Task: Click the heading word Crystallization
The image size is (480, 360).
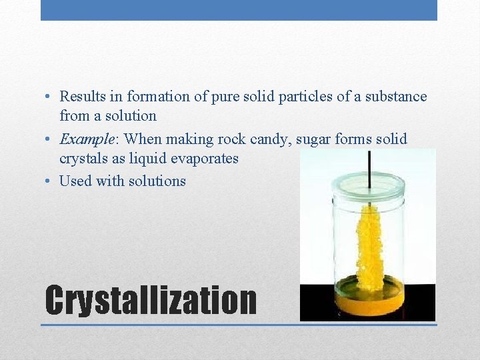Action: point(151,301)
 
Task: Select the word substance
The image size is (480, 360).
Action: point(395,97)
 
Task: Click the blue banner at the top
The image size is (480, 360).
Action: point(239,10)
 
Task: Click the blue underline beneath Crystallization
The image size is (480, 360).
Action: point(239,325)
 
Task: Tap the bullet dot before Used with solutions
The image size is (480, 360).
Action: point(49,181)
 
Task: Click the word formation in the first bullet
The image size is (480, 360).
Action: point(158,97)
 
